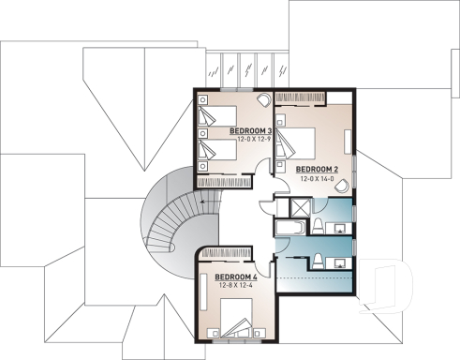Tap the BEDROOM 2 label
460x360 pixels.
pos(318,169)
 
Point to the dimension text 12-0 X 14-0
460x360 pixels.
pos(318,178)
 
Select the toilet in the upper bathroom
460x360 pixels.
pos(318,224)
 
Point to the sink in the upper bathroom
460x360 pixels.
pos(341,224)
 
